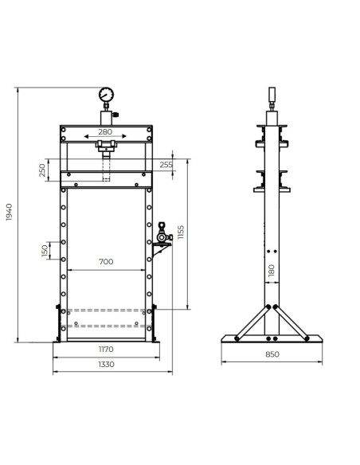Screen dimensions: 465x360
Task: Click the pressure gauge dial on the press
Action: click(x=106, y=96)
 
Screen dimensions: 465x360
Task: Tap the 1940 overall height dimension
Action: click(x=10, y=213)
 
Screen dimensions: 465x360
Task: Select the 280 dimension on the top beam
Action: click(x=105, y=132)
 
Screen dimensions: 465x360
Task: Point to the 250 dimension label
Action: click(x=42, y=171)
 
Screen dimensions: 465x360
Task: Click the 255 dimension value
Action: click(x=165, y=165)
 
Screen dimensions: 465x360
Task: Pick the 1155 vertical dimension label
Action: click(x=182, y=233)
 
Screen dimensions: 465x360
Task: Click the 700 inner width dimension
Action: click(x=105, y=262)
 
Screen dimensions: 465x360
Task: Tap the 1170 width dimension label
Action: click(x=105, y=348)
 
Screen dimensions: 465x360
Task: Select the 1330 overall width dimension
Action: click(x=105, y=364)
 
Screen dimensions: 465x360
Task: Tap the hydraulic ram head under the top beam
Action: click(x=105, y=147)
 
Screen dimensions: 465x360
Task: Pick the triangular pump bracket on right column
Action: click(x=158, y=252)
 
